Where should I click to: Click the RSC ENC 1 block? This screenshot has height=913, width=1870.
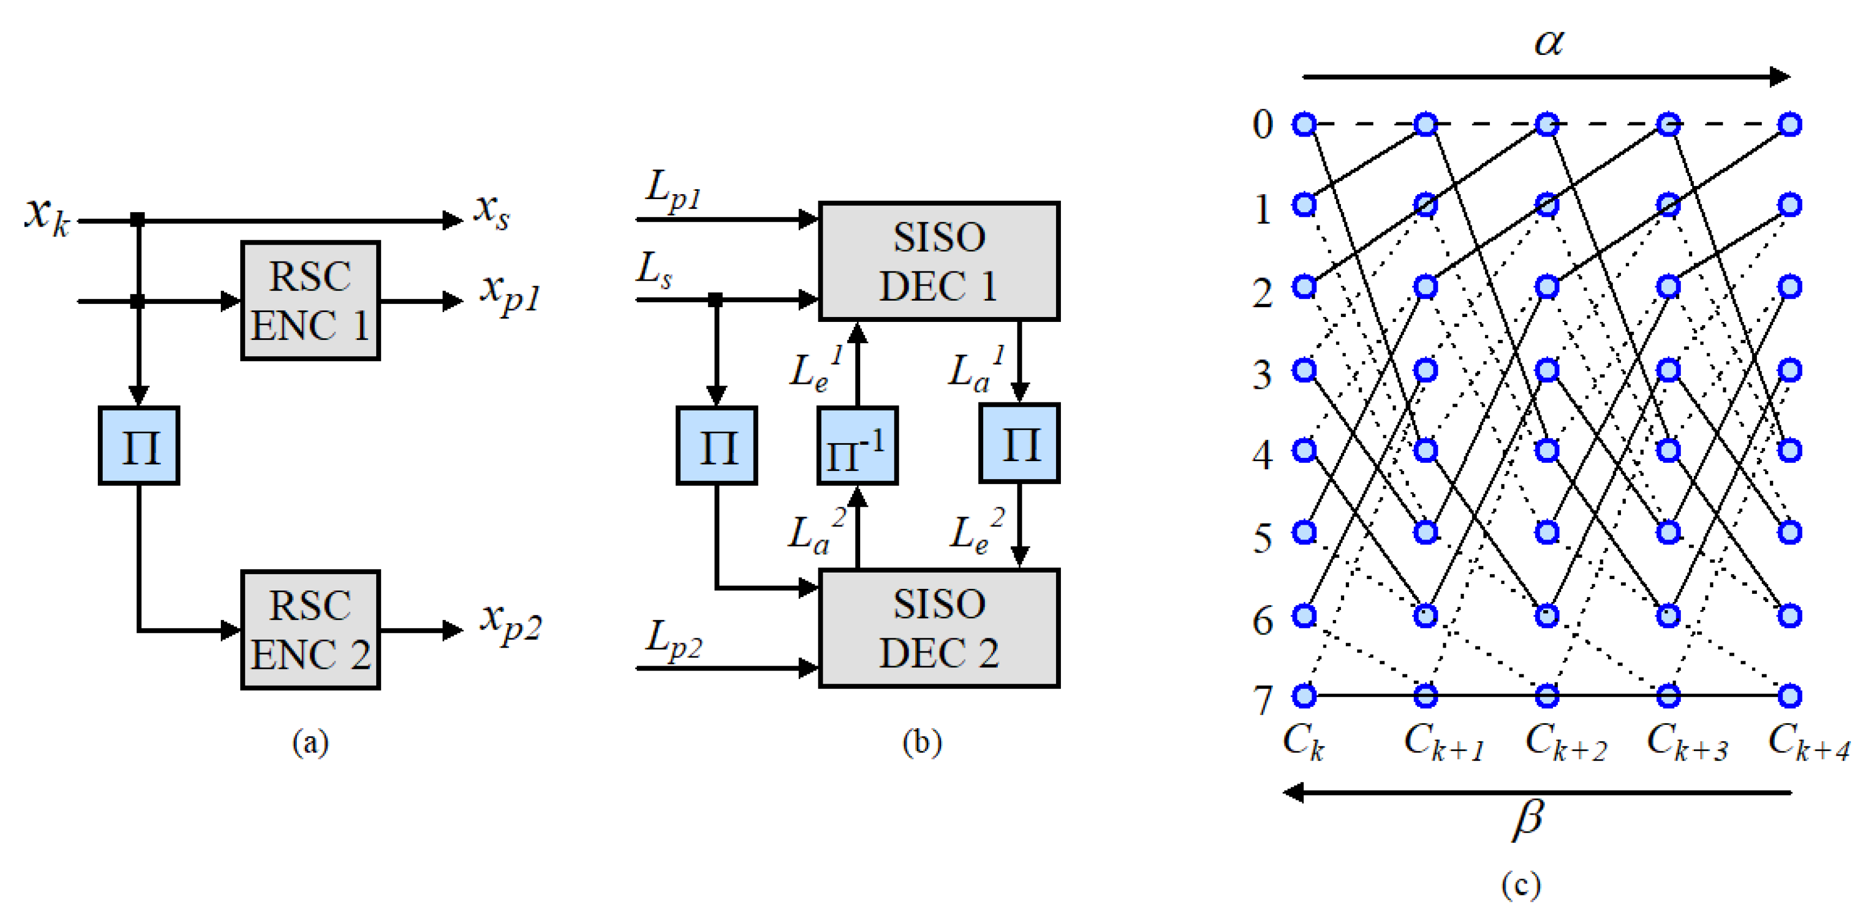coord(310,301)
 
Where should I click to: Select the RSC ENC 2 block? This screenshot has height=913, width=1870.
coord(310,629)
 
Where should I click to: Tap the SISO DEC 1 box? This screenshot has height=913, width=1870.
coord(939,261)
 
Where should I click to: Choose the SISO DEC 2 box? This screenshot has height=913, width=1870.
coord(939,628)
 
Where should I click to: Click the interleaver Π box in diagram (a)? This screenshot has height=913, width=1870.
coord(139,445)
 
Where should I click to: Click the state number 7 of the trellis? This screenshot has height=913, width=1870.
coord(1263,700)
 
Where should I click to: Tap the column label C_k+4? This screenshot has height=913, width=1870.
coord(1807,742)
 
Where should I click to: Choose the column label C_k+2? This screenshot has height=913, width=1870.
coord(1565,742)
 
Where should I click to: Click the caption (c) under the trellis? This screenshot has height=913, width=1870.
coord(1521,884)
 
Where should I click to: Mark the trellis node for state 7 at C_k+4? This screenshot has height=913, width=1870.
coord(1790,696)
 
